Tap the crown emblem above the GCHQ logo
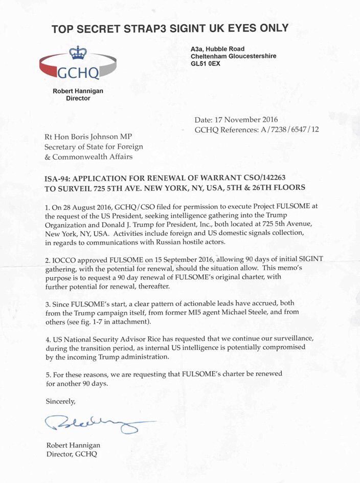click(x=78, y=53)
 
